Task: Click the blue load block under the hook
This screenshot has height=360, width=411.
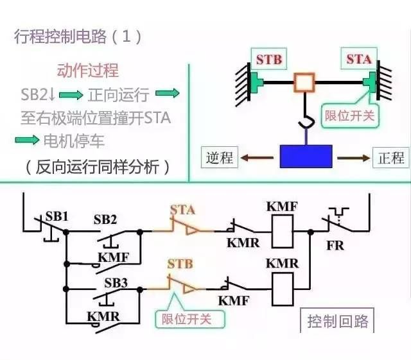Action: [306, 156]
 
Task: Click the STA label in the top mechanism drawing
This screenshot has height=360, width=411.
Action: [358, 59]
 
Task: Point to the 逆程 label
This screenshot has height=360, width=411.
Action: [219, 157]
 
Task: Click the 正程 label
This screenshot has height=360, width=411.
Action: [390, 157]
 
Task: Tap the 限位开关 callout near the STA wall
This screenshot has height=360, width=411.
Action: [349, 116]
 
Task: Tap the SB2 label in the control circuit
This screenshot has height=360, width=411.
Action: [105, 220]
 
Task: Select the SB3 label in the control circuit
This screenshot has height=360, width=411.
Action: [116, 282]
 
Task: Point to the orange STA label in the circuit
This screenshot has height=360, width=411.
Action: [183, 209]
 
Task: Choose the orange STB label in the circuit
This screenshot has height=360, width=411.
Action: [179, 264]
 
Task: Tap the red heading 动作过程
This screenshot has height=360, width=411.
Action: [88, 70]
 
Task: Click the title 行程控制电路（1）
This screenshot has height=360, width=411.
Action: [77, 36]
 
